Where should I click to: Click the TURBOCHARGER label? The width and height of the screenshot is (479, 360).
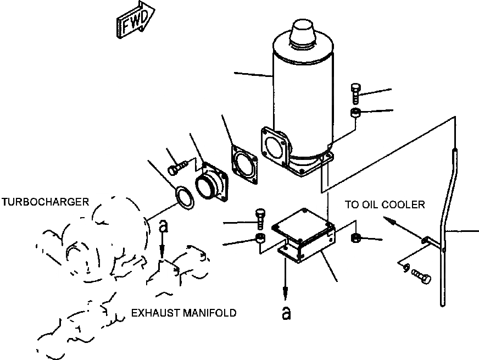click(x=44, y=202)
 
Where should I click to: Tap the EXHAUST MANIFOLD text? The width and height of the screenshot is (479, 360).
click(x=183, y=313)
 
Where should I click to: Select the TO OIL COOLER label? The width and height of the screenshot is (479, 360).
click(x=385, y=205)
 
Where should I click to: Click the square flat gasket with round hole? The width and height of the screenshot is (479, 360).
click(x=244, y=164)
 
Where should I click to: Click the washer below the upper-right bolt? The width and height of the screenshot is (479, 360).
click(x=355, y=114)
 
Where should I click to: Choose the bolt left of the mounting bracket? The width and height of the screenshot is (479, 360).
click(x=260, y=220)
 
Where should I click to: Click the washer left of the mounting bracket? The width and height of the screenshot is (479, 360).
click(x=260, y=239)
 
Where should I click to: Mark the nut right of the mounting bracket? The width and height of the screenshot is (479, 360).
click(x=355, y=237)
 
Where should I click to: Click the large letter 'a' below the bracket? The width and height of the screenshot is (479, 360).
click(x=285, y=313)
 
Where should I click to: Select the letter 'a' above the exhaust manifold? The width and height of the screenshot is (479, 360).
click(x=163, y=225)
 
